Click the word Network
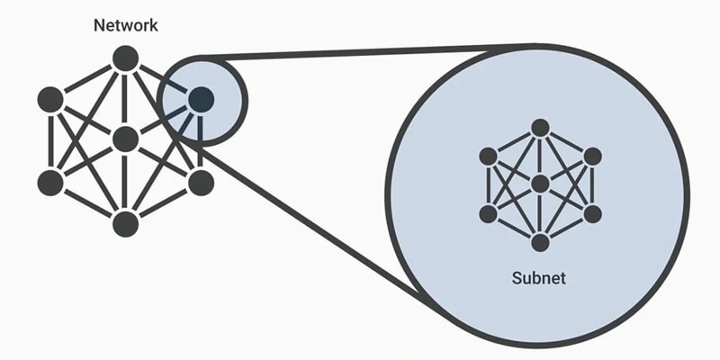(x=125, y=25)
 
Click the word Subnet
(x=539, y=277)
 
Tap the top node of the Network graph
(x=125, y=58)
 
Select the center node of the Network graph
(x=125, y=139)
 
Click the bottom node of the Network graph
(x=125, y=223)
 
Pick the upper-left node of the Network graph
(x=50, y=99)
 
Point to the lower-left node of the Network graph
(x=50, y=182)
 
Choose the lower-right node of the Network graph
(x=201, y=182)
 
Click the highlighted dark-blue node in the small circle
(x=201, y=99)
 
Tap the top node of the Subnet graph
(x=540, y=128)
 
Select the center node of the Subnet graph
(x=540, y=184)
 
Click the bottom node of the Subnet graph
(x=540, y=242)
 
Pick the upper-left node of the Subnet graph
(x=489, y=157)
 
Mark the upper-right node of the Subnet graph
(x=591, y=157)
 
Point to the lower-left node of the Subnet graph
(x=489, y=213)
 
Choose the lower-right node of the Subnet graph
(x=591, y=213)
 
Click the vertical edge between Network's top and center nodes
(x=125, y=99)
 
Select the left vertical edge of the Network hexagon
(x=50, y=140)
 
